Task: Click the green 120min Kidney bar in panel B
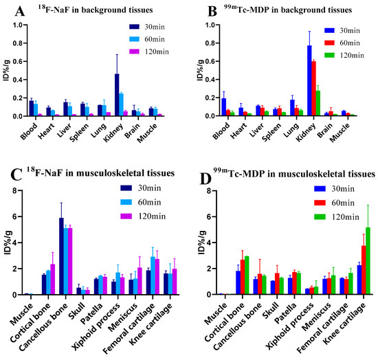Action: pyautogui.click(x=318, y=103)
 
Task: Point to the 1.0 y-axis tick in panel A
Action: pyautogui.click(x=22, y=25)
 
